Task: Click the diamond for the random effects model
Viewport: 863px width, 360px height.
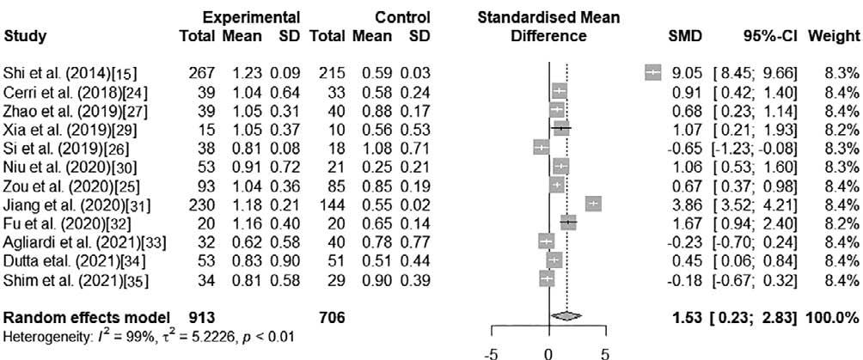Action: (x=566, y=317)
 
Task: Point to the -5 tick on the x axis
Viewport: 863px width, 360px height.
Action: (x=492, y=352)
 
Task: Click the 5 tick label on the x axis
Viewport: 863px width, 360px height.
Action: (x=604, y=352)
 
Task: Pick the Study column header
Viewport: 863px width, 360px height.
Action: (x=26, y=36)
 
